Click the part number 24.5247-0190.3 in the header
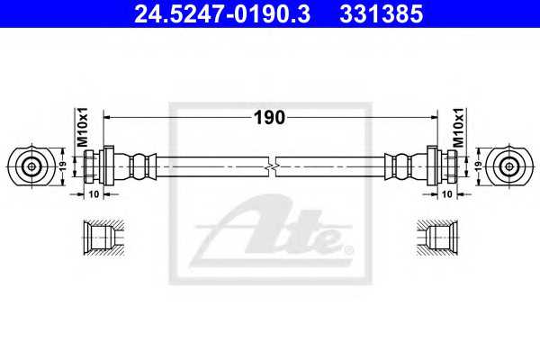222,14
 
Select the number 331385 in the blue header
382,14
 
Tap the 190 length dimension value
269,118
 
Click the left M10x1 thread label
83,127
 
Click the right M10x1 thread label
458,127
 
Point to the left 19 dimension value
63,166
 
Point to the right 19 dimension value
479,166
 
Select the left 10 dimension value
94,194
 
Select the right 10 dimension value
446,194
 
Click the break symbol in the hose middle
272,166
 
